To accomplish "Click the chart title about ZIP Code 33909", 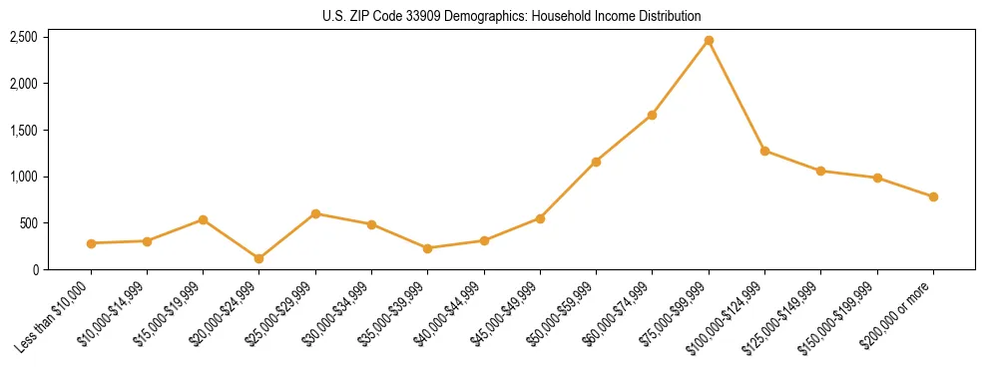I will coord(512,16).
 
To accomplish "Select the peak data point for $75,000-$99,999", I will coord(709,41).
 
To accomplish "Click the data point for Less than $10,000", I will coord(91,243).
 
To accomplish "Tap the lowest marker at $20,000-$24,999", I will coord(259,258).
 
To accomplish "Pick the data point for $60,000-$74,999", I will coord(652,116).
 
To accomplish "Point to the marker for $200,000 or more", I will coord(933,197).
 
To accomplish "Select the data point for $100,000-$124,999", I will coord(764,151).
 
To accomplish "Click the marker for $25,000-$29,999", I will coord(315,213).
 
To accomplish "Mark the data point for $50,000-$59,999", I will coord(596,162).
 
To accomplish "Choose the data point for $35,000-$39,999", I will coord(428,248).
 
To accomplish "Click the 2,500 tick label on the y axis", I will coord(24,37).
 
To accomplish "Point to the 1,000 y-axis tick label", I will coord(24,177).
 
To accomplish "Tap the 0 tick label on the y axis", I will coord(35,269).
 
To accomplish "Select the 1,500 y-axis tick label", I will coord(24,131).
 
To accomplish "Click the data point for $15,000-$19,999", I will coord(203,219).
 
